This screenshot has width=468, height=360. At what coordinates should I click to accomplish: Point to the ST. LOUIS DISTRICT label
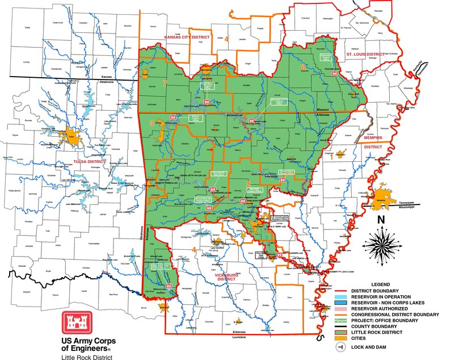click(x=366, y=55)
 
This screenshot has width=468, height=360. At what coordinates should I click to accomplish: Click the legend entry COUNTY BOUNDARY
click(x=375, y=326)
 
